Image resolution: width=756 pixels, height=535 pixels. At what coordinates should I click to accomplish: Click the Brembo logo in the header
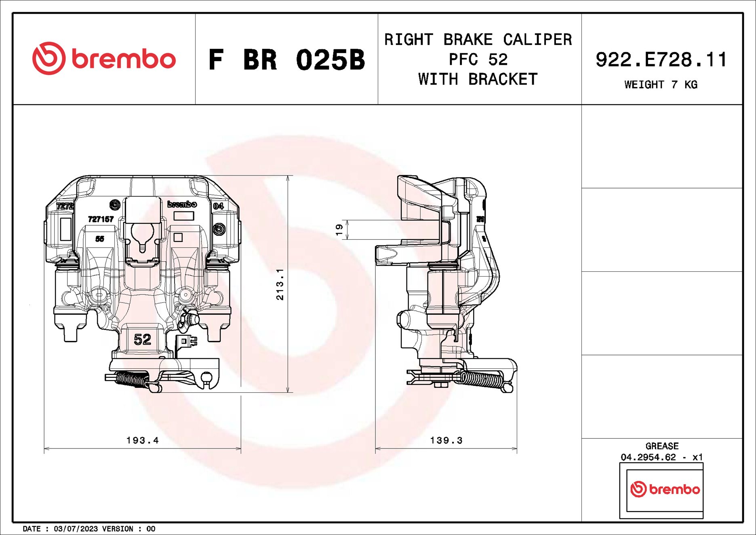click(104, 59)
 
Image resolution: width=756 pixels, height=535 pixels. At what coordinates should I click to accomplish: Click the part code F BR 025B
click(286, 60)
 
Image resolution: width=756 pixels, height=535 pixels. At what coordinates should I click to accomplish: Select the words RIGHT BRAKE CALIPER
click(478, 40)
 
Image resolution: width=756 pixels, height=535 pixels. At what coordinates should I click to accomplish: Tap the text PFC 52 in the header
click(478, 59)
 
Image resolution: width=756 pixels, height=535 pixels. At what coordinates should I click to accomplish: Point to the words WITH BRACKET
click(478, 79)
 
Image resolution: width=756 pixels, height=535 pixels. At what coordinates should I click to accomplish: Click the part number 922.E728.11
click(661, 59)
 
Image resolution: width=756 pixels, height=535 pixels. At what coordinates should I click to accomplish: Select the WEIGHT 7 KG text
click(661, 85)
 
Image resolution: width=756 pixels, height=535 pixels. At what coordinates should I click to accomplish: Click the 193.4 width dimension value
click(143, 440)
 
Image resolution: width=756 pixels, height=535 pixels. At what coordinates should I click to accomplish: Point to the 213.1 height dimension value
click(280, 284)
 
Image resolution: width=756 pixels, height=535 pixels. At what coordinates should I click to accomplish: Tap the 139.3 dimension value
click(446, 440)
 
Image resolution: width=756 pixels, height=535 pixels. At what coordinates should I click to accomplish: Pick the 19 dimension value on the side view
click(339, 230)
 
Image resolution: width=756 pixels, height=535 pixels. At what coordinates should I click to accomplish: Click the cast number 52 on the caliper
click(142, 339)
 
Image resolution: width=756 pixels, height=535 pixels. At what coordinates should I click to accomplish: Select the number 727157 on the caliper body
click(101, 219)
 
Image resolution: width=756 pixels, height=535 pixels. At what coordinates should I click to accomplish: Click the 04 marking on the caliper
click(218, 206)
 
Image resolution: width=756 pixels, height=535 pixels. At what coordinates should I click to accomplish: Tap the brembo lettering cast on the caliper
click(182, 204)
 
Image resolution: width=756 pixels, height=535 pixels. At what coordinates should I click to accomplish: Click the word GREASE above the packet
click(662, 446)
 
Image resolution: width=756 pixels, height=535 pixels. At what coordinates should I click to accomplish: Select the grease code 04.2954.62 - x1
click(662, 457)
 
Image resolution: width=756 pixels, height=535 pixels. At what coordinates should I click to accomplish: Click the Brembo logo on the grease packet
click(665, 489)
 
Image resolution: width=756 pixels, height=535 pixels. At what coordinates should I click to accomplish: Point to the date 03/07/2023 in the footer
click(76, 529)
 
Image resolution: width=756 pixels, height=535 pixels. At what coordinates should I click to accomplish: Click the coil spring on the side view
click(483, 380)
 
